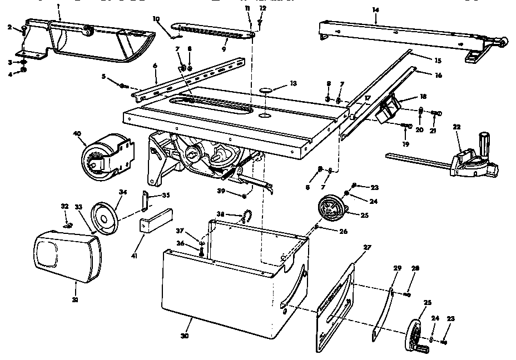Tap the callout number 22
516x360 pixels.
[x=457, y=127]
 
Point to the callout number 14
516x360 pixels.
[x=376, y=11]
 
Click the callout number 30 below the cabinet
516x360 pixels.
[x=185, y=336]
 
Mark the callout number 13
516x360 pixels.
[x=293, y=83]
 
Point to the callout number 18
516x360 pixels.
[x=423, y=96]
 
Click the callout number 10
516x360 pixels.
[x=156, y=19]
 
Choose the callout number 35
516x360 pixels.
[x=166, y=195]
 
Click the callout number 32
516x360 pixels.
[x=64, y=206]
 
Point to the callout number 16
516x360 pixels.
[x=438, y=74]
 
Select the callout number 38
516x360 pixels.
[x=221, y=214]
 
